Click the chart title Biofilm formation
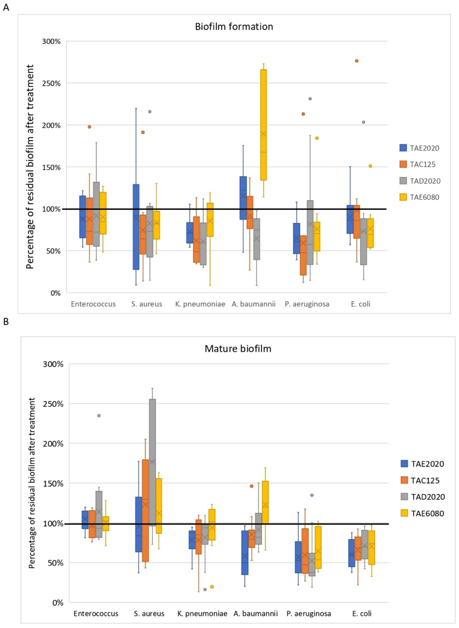(234, 27)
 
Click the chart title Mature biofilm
(238, 348)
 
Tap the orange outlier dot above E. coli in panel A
(357, 61)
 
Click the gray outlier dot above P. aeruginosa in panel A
(310, 99)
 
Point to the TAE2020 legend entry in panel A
(420, 148)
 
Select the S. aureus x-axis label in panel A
(147, 304)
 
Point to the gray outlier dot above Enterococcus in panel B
(99, 415)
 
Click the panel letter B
(6, 322)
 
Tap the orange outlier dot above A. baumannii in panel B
(252, 486)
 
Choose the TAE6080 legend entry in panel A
(420, 197)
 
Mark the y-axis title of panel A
(30, 167)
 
